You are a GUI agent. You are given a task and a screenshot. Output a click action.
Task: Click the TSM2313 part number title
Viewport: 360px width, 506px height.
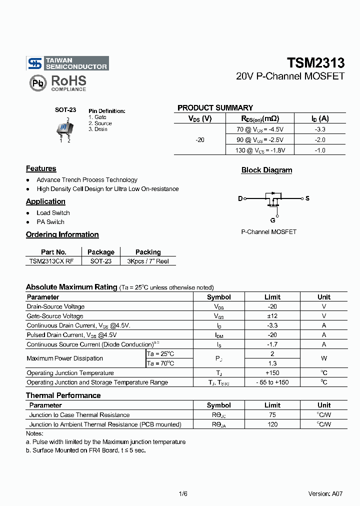pos(315,63)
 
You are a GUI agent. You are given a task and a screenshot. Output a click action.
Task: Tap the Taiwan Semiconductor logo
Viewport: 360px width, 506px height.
pos(67,63)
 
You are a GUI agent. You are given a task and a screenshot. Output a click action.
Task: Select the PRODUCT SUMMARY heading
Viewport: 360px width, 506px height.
pos(215,108)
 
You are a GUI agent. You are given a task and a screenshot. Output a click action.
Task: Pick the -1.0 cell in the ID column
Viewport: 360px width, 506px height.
pos(320,150)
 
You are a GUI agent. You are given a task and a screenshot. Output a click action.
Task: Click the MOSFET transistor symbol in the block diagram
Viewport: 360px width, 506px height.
pos(273,199)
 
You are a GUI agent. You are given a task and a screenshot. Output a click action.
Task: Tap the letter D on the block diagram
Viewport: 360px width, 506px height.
pos(240,199)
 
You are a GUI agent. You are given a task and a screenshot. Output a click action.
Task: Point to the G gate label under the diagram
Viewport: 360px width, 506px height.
pos(272,220)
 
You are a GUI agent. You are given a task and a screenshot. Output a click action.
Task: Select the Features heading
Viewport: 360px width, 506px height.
pos(41,169)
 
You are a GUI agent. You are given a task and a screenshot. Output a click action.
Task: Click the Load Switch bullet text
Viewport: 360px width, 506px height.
pos(53,213)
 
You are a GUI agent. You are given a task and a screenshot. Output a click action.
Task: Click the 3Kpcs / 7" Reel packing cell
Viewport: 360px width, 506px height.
pos(148,261)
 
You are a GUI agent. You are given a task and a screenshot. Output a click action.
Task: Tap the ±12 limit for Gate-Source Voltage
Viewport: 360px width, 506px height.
pos(272,316)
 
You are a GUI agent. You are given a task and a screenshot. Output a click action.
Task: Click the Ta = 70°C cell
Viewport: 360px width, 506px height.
pos(160,363)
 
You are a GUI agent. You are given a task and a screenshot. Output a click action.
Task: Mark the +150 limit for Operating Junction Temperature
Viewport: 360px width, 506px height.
pos(272,373)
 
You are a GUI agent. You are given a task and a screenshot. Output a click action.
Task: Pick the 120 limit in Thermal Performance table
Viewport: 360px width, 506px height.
pos(272,424)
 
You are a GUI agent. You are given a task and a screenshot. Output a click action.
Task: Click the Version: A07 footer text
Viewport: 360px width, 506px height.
pos(325,493)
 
